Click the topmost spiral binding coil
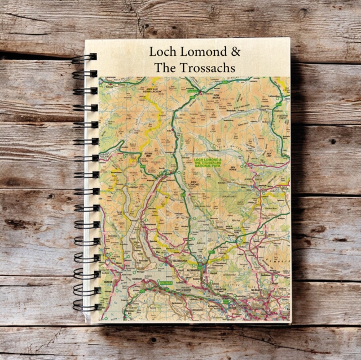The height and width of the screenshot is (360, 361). point(85,58)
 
